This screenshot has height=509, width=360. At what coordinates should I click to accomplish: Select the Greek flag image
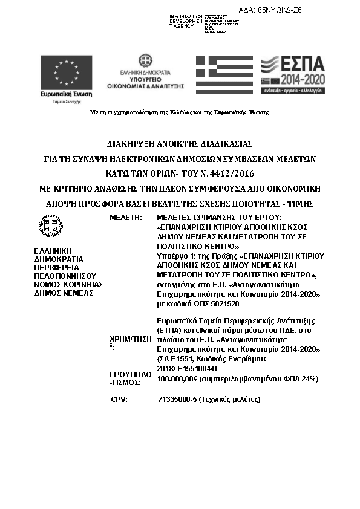click(x=224, y=75)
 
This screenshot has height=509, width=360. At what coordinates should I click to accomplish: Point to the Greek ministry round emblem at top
click(x=145, y=60)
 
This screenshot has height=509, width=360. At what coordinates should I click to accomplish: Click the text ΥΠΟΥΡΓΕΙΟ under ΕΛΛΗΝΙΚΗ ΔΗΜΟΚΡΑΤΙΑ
click(x=145, y=79)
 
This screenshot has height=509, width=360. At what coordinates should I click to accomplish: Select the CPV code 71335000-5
click(x=177, y=400)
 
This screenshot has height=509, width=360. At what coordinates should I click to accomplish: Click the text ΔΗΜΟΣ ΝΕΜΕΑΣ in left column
click(x=63, y=292)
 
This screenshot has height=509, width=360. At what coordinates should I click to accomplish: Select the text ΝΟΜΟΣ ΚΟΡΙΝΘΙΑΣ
click(x=68, y=284)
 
